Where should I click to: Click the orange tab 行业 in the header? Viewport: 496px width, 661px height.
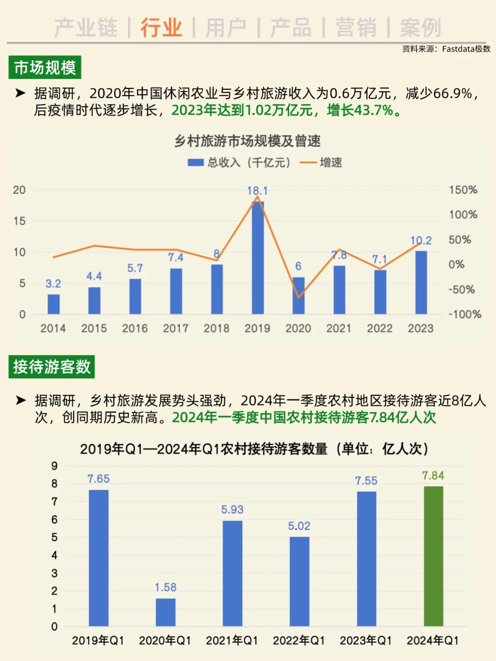(x=161, y=28)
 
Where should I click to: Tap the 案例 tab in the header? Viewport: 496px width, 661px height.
(x=420, y=28)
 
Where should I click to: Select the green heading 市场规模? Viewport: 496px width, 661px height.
(x=45, y=67)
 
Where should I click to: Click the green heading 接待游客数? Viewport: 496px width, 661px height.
(x=51, y=367)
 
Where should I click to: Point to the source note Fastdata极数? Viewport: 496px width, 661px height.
(x=446, y=49)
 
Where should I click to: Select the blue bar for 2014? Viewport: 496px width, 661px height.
(x=54, y=304)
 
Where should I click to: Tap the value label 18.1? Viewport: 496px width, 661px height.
(x=257, y=190)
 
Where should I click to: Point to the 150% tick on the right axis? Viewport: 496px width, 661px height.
(x=463, y=190)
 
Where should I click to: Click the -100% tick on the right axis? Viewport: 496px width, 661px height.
(x=464, y=314)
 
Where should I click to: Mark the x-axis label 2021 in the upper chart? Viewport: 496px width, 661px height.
(x=339, y=328)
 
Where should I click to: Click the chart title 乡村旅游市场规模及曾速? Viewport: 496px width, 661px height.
(x=247, y=141)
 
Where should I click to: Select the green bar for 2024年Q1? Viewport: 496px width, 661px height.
(x=433, y=556)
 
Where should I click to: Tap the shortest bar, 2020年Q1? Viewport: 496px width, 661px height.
(x=165, y=612)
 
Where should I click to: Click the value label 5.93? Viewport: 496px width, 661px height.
(x=232, y=510)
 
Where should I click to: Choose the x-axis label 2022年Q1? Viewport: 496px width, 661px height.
(x=299, y=640)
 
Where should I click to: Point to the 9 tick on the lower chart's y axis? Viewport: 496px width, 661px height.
(x=55, y=466)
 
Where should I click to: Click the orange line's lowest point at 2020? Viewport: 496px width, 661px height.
(x=299, y=297)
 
